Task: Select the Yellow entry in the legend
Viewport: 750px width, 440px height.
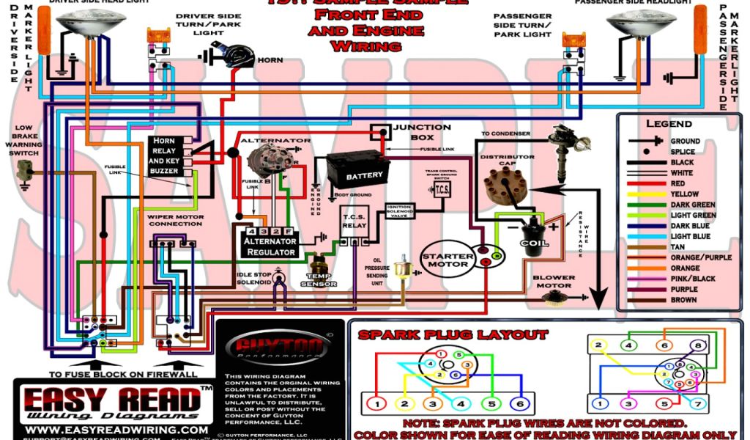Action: pos(685,194)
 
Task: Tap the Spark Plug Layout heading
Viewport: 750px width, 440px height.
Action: pos(453,335)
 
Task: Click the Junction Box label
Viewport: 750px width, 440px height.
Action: pos(422,132)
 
